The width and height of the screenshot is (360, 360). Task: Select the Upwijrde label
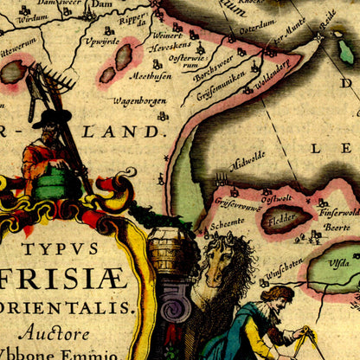[x=101, y=41]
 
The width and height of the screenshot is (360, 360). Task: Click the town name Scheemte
[x=228, y=222]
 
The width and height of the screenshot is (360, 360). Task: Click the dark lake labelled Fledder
[x=285, y=218]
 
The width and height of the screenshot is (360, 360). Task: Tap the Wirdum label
[x=32, y=17]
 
